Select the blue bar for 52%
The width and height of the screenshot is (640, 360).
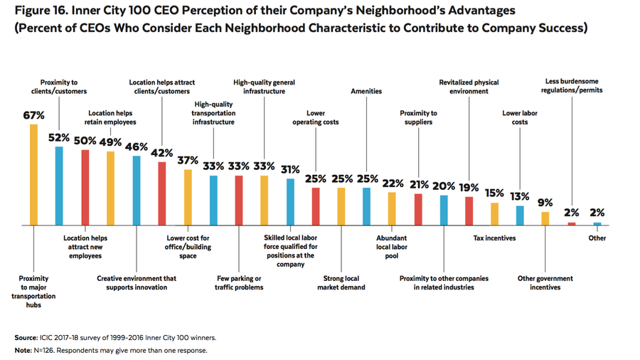click(x=59, y=186)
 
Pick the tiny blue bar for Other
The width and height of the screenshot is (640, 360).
click(x=597, y=223)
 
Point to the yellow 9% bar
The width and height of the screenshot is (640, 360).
click(x=545, y=218)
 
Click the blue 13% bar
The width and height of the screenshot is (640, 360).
click(x=520, y=215)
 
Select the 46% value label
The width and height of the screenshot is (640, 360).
click(x=137, y=147)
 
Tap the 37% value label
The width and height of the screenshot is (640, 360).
click(x=188, y=161)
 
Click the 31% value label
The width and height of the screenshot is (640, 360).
click(x=290, y=169)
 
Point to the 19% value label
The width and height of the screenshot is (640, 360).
click(x=469, y=188)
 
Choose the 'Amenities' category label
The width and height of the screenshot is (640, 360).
click(x=366, y=91)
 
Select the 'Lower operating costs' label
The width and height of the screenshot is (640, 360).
click(x=316, y=117)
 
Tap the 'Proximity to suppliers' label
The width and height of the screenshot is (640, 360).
click(x=418, y=117)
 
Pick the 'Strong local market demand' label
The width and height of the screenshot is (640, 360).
click(x=341, y=282)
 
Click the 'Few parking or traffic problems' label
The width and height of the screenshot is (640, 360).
click(x=239, y=282)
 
